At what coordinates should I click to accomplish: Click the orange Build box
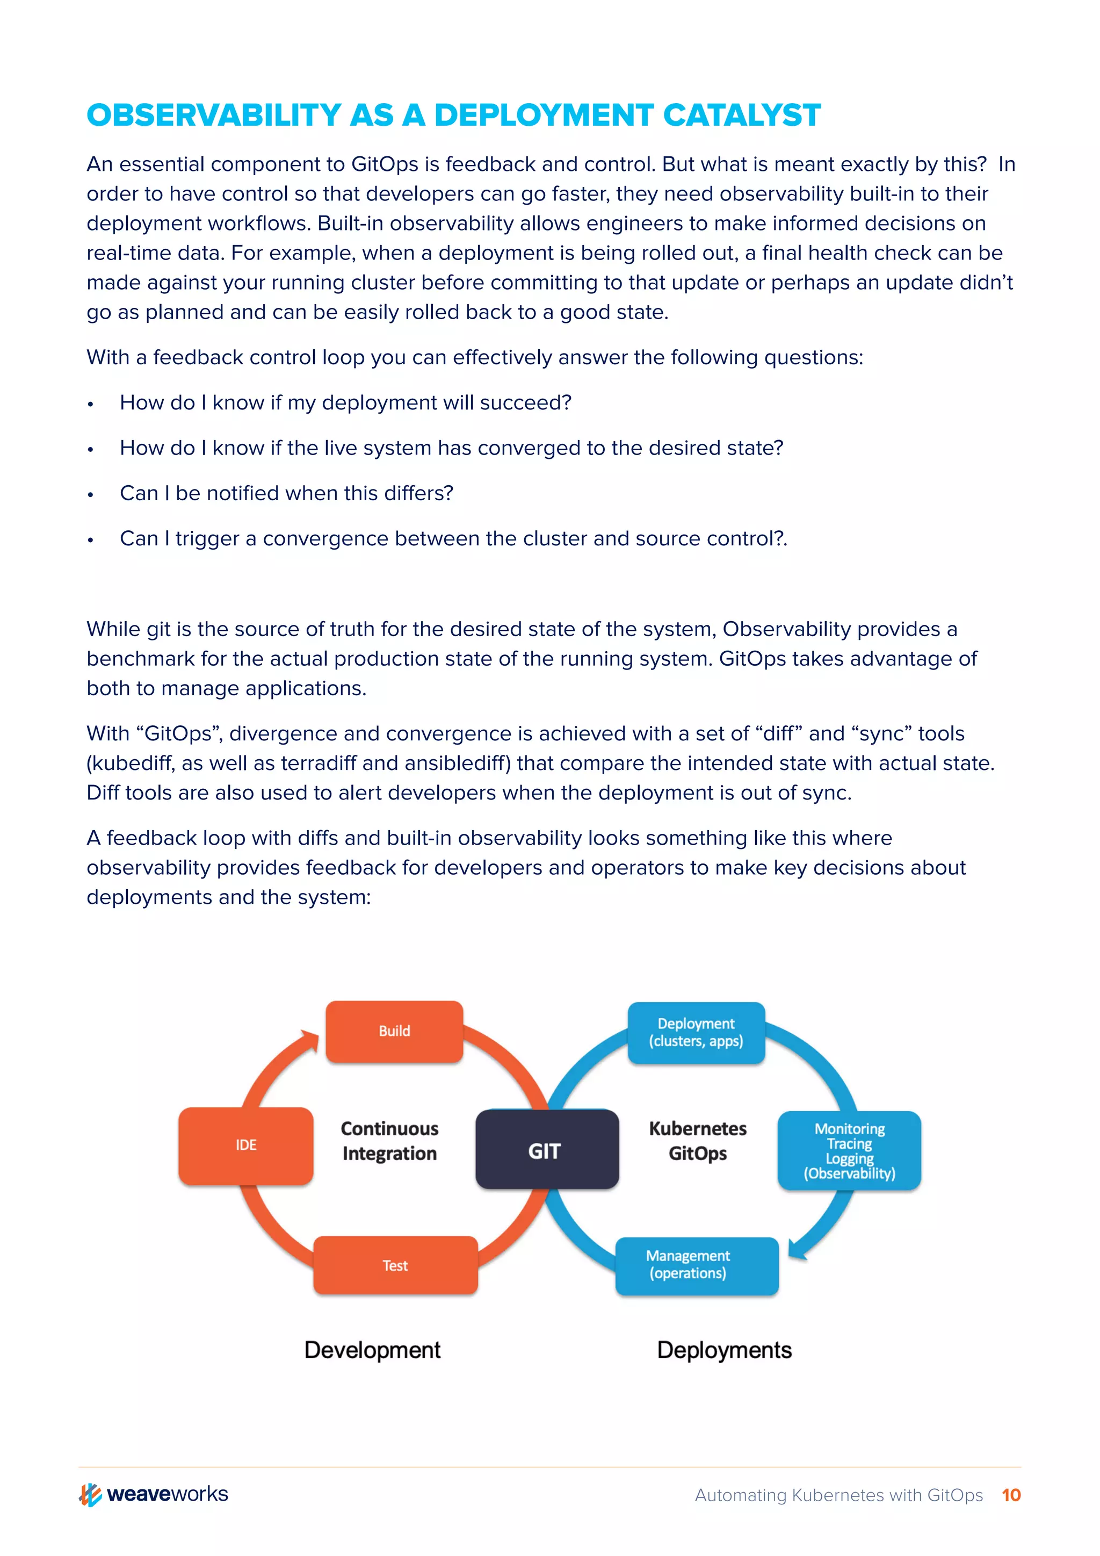pyautogui.click(x=394, y=1031)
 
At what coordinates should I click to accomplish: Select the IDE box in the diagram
pyautogui.click(x=246, y=1146)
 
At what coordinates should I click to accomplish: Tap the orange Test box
pyautogui.click(x=395, y=1265)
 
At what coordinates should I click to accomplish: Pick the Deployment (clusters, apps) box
pyautogui.click(x=696, y=1032)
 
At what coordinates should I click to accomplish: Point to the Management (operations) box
pyautogui.click(x=696, y=1265)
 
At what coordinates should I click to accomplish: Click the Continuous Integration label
pyautogui.click(x=389, y=1141)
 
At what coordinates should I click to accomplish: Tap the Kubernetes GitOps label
pyautogui.click(x=698, y=1141)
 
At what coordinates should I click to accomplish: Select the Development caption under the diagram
pyautogui.click(x=373, y=1350)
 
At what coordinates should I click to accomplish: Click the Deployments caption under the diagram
pyautogui.click(x=724, y=1350)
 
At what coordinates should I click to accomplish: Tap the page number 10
pyautogui.click(x=1011, y=1494)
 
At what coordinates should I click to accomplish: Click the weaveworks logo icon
pyautogui.click(x=91, y=1494)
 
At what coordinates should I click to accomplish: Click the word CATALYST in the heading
pyautogui.click(x=742, y=115)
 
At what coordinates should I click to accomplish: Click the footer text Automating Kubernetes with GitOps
pyautogui.click(x=838, y=1495)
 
